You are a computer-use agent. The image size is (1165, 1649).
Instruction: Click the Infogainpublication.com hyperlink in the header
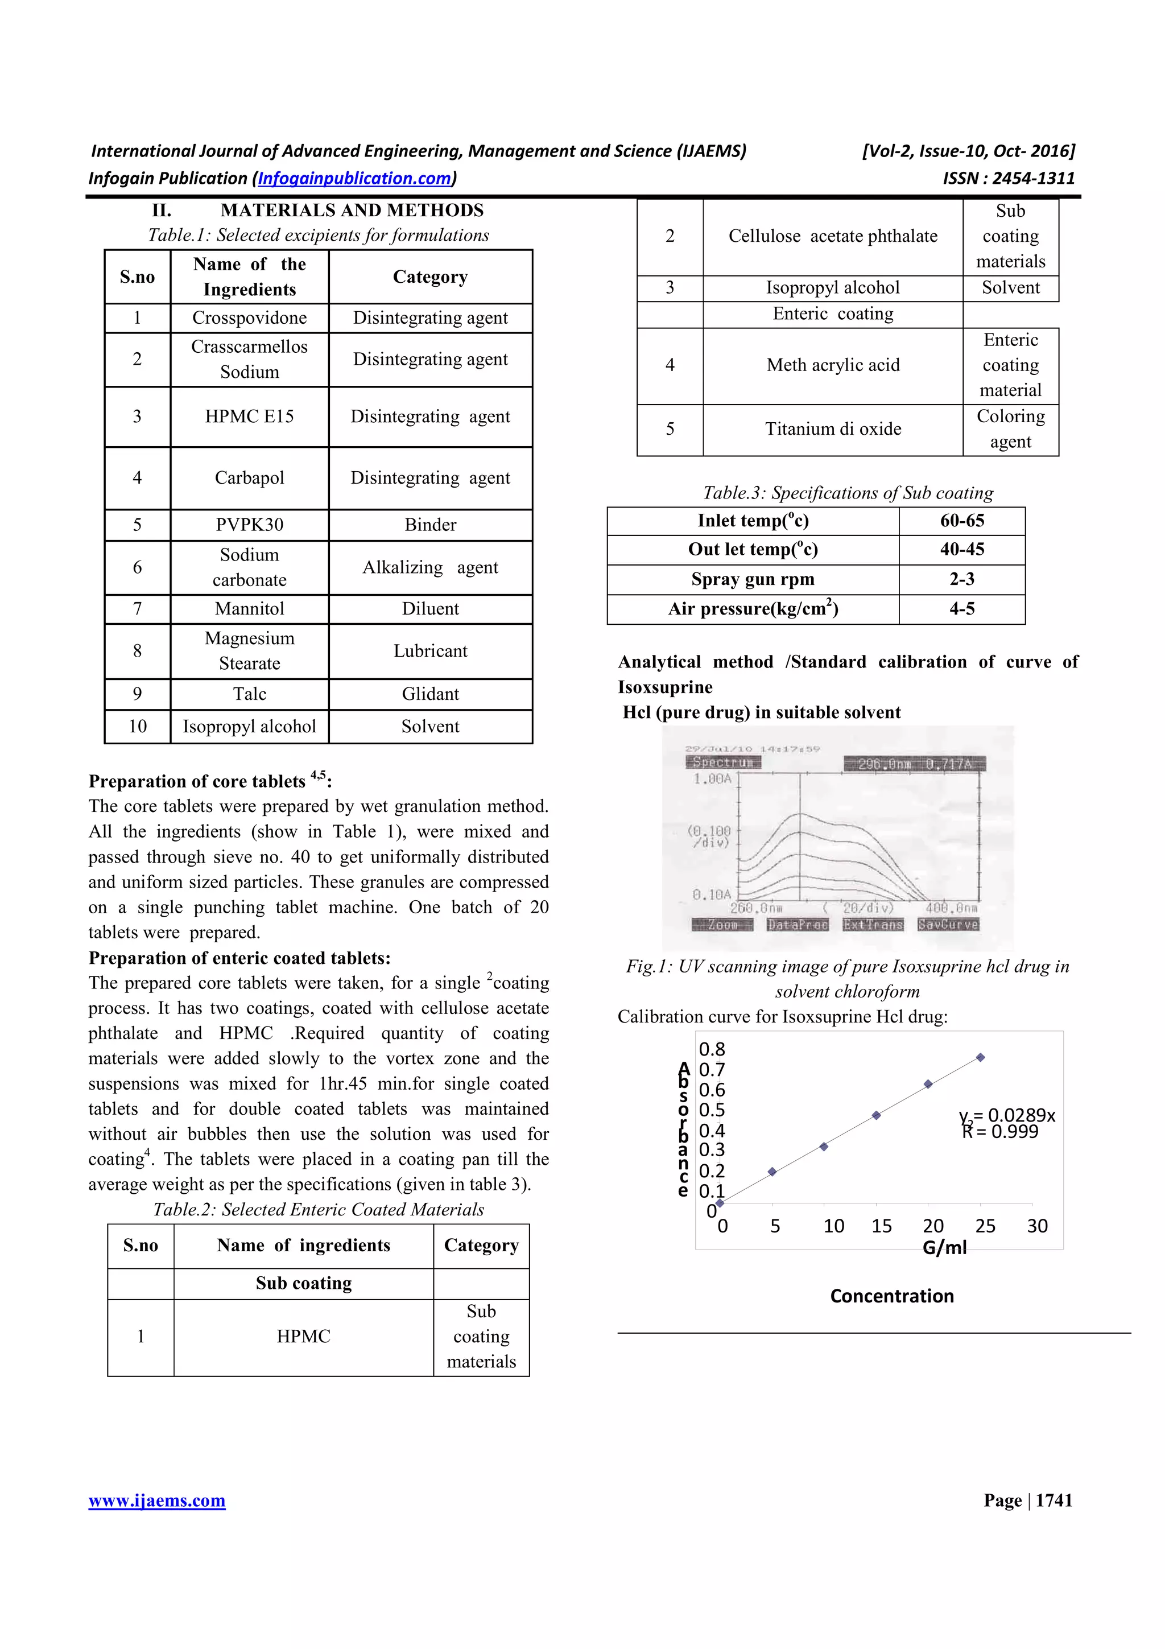pos(354,178)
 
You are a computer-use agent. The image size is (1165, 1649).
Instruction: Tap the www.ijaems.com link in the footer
pos(156,1500)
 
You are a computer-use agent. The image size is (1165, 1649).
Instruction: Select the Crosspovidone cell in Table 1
pos(249,318)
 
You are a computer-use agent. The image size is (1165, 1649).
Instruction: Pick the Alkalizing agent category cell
pos(430,567)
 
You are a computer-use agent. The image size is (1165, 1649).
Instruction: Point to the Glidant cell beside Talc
pos(430,694)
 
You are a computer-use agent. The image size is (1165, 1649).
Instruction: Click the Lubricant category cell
pos(430,651)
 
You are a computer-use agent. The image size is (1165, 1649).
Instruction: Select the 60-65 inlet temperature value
pos(962,521)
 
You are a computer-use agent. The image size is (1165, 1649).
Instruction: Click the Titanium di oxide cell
pos(833,429)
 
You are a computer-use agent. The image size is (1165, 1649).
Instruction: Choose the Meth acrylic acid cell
pos(833,365)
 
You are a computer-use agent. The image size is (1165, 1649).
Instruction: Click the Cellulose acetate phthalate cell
pos(833,236)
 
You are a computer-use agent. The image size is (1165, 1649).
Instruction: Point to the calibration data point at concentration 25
pos(981,1057)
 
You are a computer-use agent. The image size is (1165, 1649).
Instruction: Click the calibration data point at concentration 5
pos(772,1172)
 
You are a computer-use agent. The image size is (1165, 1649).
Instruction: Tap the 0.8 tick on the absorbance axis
pos(712,1049)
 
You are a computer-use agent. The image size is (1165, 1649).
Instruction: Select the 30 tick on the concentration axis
pos(1037,1226)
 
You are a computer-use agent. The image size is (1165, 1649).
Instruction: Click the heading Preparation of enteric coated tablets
pos(239,958)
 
